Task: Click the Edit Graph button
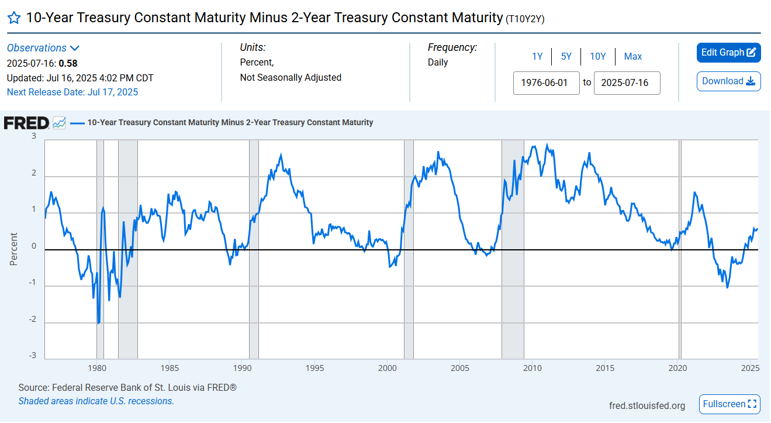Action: click(x=728, y=53)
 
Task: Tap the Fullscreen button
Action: click(x=729, y=404)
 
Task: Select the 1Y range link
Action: click(x=537, y=56)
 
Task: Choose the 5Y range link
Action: click(x=566, y=56)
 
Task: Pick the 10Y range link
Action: click(x=598, y=56)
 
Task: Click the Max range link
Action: click(x=633, y=56)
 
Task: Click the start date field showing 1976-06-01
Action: click(x=546, y=82)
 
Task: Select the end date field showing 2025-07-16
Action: click(x=627, y=82)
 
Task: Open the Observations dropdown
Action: click(x=43, y=48)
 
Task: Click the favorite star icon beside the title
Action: click(x=14, y=18)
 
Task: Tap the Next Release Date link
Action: click(x=72, y=92)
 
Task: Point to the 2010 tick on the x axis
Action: click(x=532, y=368)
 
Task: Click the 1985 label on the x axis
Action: click(x=170, y=368)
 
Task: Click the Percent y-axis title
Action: click(x=13, y=249)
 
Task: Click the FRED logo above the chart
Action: click(x=26, y=123)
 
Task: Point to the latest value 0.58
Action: click(x=68, y=63)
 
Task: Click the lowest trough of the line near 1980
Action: click(x=98, y=323)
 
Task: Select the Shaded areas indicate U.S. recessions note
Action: click(x=96, y=401)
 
